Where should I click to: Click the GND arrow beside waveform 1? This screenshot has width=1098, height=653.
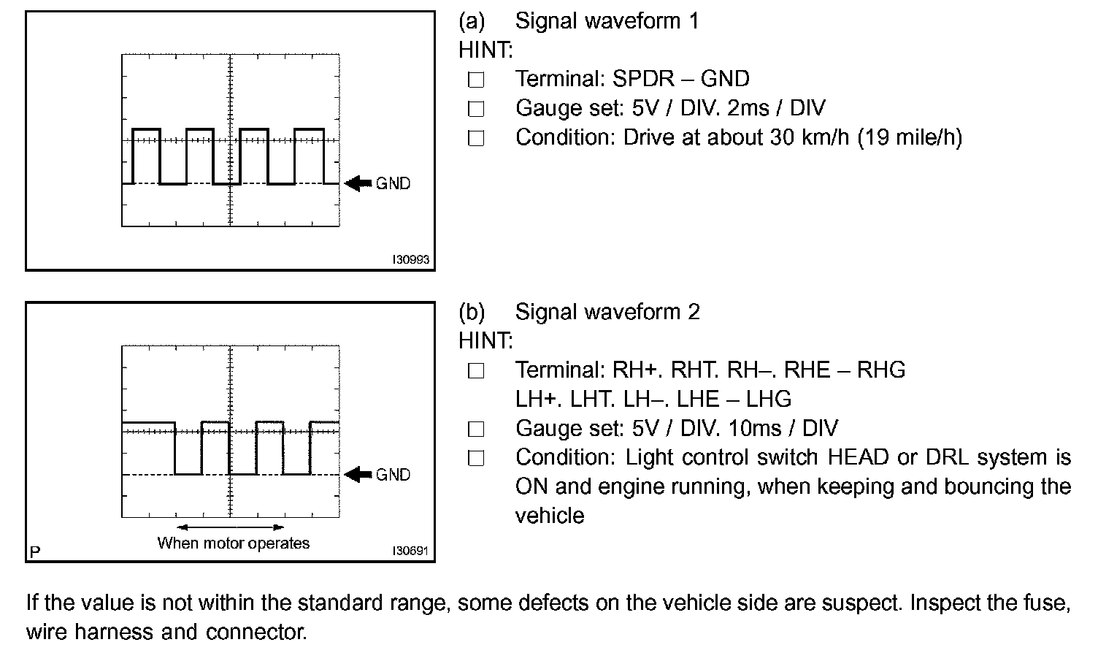point(358,183)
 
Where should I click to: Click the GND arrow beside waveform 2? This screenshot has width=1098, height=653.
point(358,475)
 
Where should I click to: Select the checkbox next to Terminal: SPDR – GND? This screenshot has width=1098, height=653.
point(476,80)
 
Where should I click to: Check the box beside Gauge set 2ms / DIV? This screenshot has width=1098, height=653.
point(476,109)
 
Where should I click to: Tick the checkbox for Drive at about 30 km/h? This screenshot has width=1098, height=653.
point(476,138)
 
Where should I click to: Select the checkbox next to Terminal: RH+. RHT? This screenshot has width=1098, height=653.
point(476,371)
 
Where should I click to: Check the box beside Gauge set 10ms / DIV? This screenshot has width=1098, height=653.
point(476,429)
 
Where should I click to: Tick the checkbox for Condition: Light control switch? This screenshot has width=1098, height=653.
point(476,458)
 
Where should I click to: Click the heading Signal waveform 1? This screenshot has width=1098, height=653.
point(607,20)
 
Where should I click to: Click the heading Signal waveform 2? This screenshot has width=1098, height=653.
point(607,312)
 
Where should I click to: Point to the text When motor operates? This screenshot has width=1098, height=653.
point(234,543)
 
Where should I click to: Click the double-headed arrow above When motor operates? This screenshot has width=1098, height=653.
point(231,527)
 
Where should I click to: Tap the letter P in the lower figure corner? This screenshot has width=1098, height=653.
point(34,551)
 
